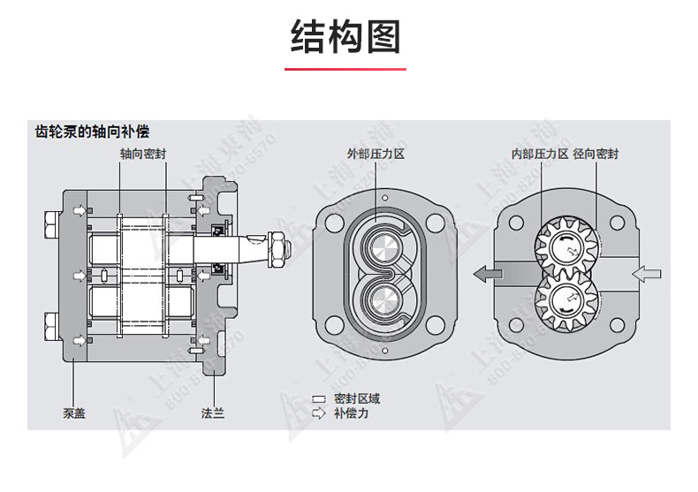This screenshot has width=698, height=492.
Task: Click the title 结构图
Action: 348,37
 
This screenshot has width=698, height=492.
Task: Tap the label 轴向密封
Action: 143,154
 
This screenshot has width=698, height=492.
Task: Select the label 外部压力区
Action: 376,154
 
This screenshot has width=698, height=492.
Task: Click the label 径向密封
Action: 596,154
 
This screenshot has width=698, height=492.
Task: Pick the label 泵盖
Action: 73,413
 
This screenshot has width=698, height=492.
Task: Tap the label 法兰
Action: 213,413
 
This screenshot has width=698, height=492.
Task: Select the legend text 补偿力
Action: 351,413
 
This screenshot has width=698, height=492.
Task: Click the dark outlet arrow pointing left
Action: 488,274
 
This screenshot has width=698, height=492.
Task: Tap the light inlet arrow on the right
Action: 645,274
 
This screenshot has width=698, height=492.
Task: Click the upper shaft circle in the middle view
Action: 383,248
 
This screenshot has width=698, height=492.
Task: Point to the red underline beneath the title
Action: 348,69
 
